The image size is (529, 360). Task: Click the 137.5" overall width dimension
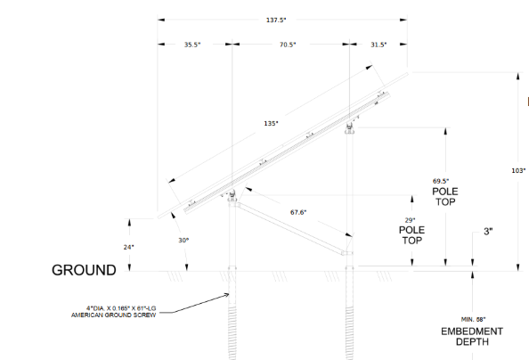click(x=276, y=20)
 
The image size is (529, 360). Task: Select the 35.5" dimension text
click(x=192, y=45)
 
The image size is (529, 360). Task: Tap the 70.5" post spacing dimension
click(x=288, y=45)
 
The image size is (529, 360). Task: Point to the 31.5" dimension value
click(x=378, y=45)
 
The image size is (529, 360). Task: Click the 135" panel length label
click(x=272, y=123)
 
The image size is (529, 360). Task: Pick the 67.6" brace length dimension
click(x=298, y=212)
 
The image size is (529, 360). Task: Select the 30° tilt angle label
click(x=183, y=240)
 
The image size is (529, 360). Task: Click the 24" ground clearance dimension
click(x=128, y=247)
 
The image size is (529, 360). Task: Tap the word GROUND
click(x=84, y=270)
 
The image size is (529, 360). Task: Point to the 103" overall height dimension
click(x=518, y=170)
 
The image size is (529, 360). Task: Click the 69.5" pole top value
click(x=441, y=182)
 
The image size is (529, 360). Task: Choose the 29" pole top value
click(x=410, y=220)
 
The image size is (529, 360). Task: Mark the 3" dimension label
click(x=488, y=232)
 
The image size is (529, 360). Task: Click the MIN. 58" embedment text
click(x=473, y=319)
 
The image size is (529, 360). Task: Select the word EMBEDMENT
click(x=472, y=331)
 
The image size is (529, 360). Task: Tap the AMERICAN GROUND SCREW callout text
click(x=113, y=315)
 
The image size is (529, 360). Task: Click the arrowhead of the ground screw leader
click(x=227, y=295)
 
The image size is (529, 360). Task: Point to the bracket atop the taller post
click(x=349, y=128)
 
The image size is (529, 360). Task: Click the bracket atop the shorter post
click(x=232, y=195)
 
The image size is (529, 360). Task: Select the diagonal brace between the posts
click(x=289, y=227)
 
